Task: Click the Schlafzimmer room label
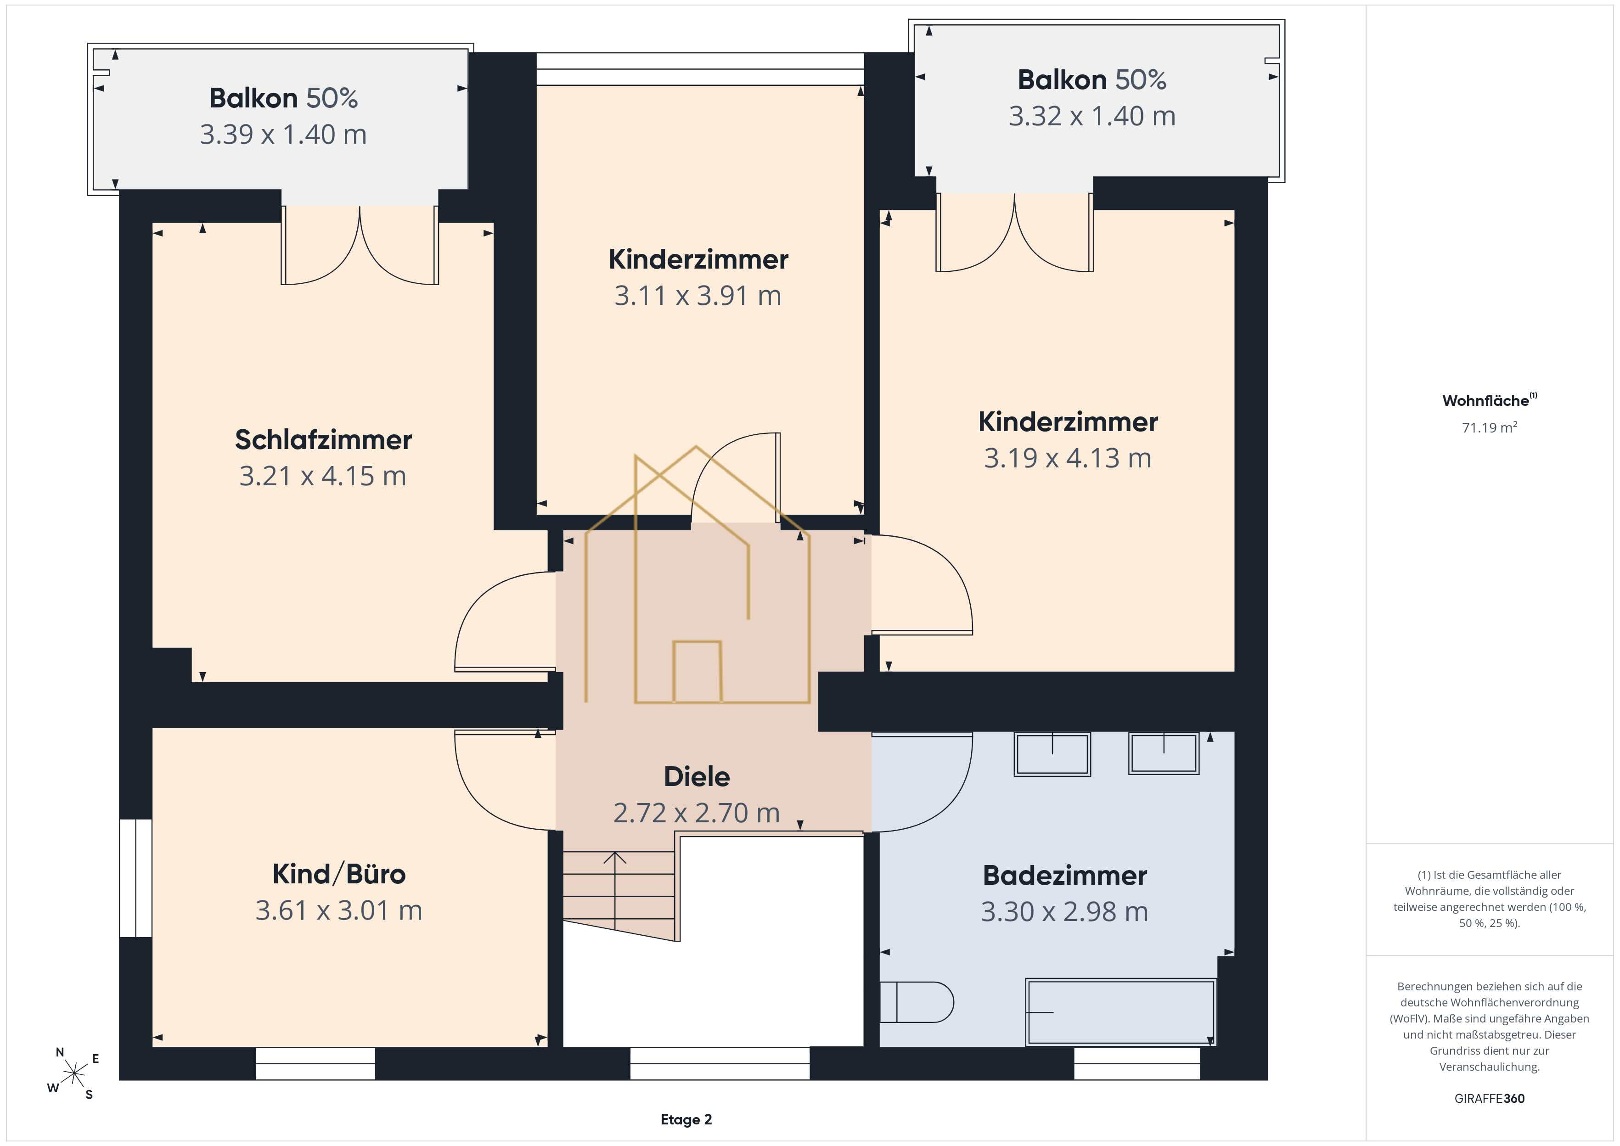(x=323, y=440)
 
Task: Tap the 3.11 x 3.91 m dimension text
(x=698, y=296)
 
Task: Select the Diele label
(x=697, y=776)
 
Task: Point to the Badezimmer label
(x=1065, y=876)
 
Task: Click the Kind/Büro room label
(x=339, y=874)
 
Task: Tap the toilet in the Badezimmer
(x=917, y=1002)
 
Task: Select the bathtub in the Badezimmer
(x=1120, y=1012)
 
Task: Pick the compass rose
(x=73, y=1074)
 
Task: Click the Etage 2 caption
(x=686, y=1120)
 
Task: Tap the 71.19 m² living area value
(x=1490, y=427)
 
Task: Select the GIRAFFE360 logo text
(x=1490, y=1099)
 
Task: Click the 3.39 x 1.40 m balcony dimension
(x=283, y=134)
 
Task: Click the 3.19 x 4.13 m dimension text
(x=1068, y=458)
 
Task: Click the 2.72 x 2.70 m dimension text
(x=697, y=813)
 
